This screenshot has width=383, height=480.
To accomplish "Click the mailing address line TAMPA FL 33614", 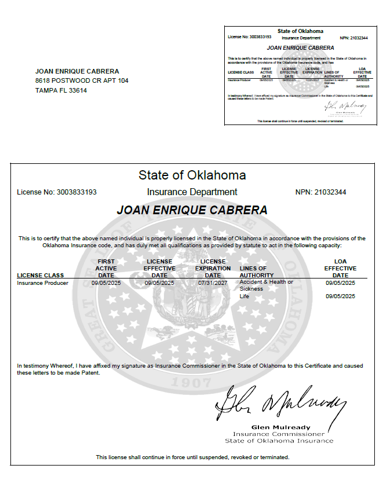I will click(61, 90).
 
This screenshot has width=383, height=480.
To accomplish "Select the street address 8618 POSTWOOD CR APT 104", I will click(82, 80).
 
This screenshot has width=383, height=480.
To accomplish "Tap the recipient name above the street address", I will click(77, 71).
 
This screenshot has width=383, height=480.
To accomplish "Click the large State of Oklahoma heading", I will click(192, 175).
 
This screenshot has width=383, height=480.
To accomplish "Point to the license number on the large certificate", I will click(57, 192).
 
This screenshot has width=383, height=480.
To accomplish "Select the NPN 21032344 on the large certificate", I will click(320, 192).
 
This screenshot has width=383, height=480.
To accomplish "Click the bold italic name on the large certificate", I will click(192, 210).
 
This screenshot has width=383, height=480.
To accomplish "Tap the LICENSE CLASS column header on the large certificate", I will click(41, 275).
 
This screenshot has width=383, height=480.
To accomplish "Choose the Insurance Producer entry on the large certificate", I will click(43, 283).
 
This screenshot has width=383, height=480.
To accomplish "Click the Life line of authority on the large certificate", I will click(244, 296).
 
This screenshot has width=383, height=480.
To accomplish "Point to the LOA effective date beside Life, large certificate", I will click(340, 296).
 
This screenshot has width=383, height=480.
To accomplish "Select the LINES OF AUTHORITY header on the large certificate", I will click(253, 272).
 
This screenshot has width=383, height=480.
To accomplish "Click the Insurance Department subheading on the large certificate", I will click(192, 192).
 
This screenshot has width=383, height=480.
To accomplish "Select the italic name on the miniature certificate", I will click(300, 47).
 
